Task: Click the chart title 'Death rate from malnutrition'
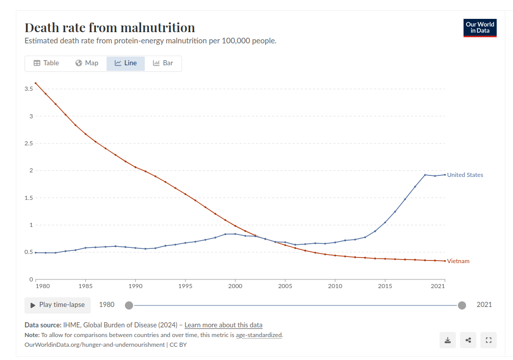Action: [x=110, y=28]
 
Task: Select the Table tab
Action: [x=46, y=63]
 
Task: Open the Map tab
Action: [x=87, y=63]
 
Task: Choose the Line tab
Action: [x=125, y=63]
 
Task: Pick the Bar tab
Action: [x=163, y=63]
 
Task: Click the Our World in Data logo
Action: [x=480, y=28]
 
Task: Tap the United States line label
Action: [x=465, y=175]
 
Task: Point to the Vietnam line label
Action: [x=458, y=261]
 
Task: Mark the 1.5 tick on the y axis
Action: [x=29, y=198]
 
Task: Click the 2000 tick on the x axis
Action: [x=235, y=287]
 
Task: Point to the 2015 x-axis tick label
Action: [x=385, y=287]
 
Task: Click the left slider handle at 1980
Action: [x=129, y=305]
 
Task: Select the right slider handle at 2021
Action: [x=462, y=305]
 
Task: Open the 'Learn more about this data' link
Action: [x=223, y=325]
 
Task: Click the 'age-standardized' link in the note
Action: [x=259, y=335]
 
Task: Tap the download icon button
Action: [x=448, y=340]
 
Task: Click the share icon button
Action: [x=468, y=340]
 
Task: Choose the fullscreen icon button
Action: [x=489, y=340]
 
